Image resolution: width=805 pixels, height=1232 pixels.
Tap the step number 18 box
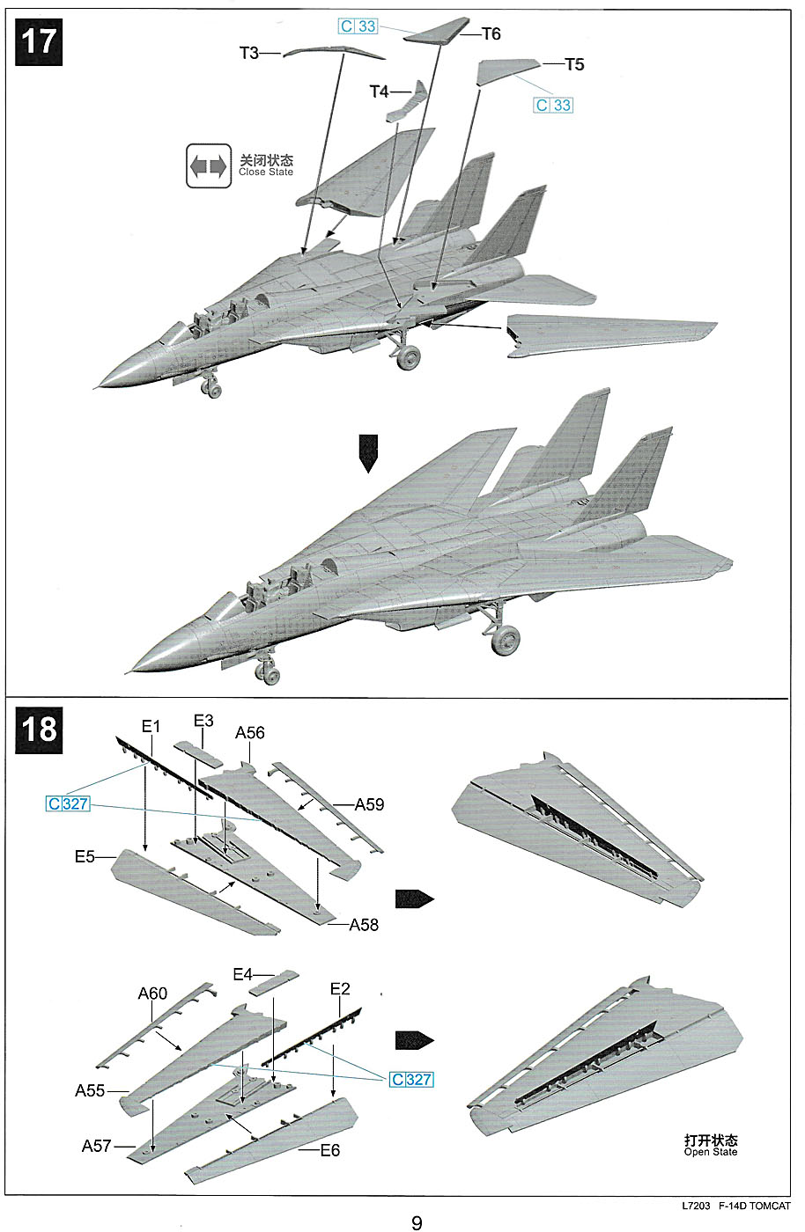tap(38, 730)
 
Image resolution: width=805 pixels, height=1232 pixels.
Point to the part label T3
tap(249, 54)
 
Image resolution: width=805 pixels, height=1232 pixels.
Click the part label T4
tap(379, 92)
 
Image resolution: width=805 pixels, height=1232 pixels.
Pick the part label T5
tap(574, 64)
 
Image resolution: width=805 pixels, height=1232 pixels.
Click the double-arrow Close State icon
tap(209, 165)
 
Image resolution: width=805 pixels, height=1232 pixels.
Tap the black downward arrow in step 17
tap(368, 454)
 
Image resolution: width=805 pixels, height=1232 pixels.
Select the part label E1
tap(151, 726)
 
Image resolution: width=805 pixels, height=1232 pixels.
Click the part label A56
tap(250, 733)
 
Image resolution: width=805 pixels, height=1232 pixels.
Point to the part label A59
tap(369, 804)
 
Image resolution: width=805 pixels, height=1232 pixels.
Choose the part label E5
tap(85, 856)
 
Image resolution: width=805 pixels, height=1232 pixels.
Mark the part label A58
tap(364, 925)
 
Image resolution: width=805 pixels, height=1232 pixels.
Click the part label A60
tap(152, 994)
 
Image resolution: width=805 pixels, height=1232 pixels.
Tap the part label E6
tap(329, 1150)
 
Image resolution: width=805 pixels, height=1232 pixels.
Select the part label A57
tap(96, 1146)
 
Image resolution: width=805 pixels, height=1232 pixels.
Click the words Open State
tap(711, 1152)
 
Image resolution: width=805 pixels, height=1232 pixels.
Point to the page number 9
tap(417, 1222)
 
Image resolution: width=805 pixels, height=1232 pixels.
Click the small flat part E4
tap(274, 983)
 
